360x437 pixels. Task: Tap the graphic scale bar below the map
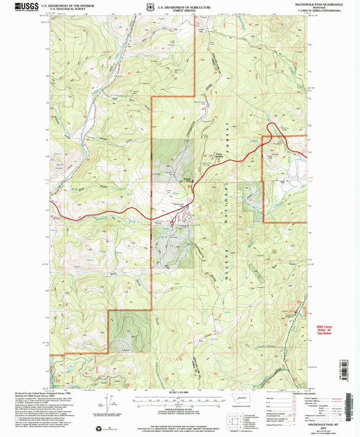[x=179, y=400]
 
